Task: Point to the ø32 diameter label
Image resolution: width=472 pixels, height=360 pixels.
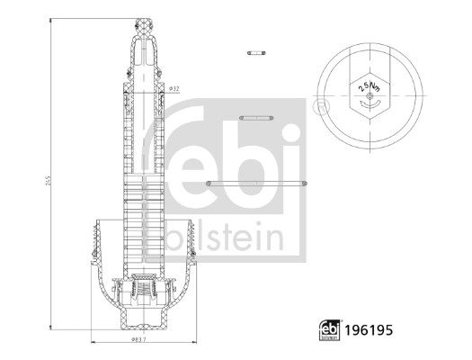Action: [174, 89]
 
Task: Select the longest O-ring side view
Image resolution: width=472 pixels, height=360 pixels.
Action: [258, 183]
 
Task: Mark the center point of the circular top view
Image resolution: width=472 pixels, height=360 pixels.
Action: [370, 94]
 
